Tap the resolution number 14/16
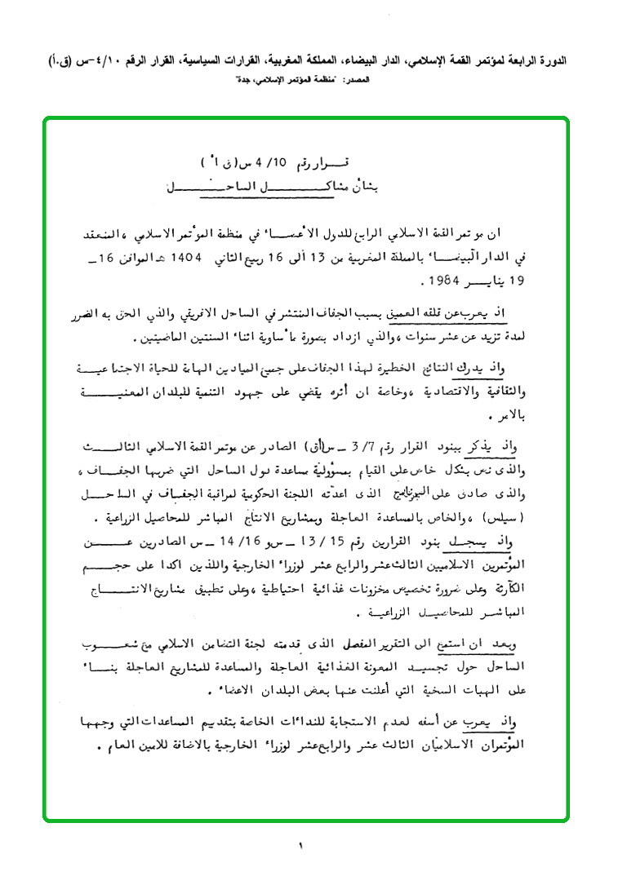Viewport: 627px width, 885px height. pyautogui.click(x=268, y=538)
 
